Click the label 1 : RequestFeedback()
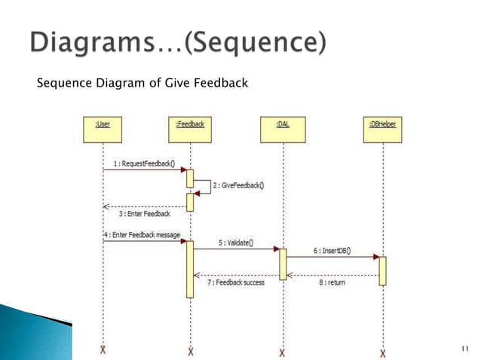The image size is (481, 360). click(140, 163)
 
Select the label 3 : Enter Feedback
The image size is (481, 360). click(145, 214)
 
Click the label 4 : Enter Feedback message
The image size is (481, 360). click(142, 235)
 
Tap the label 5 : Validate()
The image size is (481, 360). click(237, 243)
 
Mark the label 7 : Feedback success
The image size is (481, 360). click(236, 282)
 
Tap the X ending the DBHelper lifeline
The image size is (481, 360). click(383, 352)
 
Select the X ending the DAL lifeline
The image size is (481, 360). click(283, 352)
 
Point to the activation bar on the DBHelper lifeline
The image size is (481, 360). click(382, 270)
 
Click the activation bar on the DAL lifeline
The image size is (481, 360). click(283, 264)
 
